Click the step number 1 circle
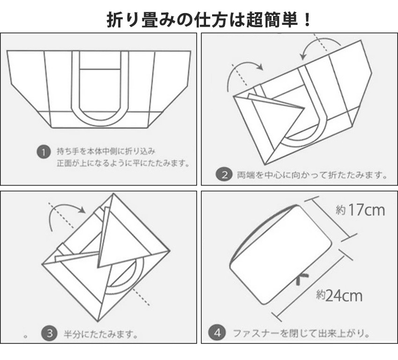[44, 152]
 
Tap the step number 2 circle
[224, 174]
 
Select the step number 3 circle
[50, 333]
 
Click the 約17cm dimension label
[360, 210]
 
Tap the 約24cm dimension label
[339, 295]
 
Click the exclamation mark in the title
[307, 20]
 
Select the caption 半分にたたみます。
[101, 334]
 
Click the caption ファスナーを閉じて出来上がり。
[301, 333]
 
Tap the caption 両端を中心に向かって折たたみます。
[312, 175]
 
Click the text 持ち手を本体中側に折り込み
[106, 151]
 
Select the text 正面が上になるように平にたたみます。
[124, 163]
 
